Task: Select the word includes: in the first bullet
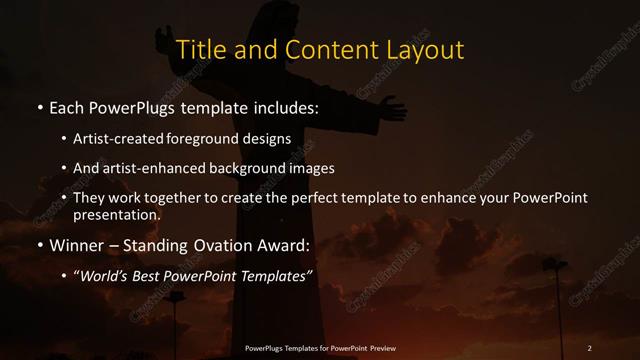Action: coord(286,105)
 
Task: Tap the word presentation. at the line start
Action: coord(116,214)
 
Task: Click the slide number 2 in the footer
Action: coord(589,348)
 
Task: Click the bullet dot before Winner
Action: coord(40,245)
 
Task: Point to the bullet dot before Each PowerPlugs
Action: coord(40,106)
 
